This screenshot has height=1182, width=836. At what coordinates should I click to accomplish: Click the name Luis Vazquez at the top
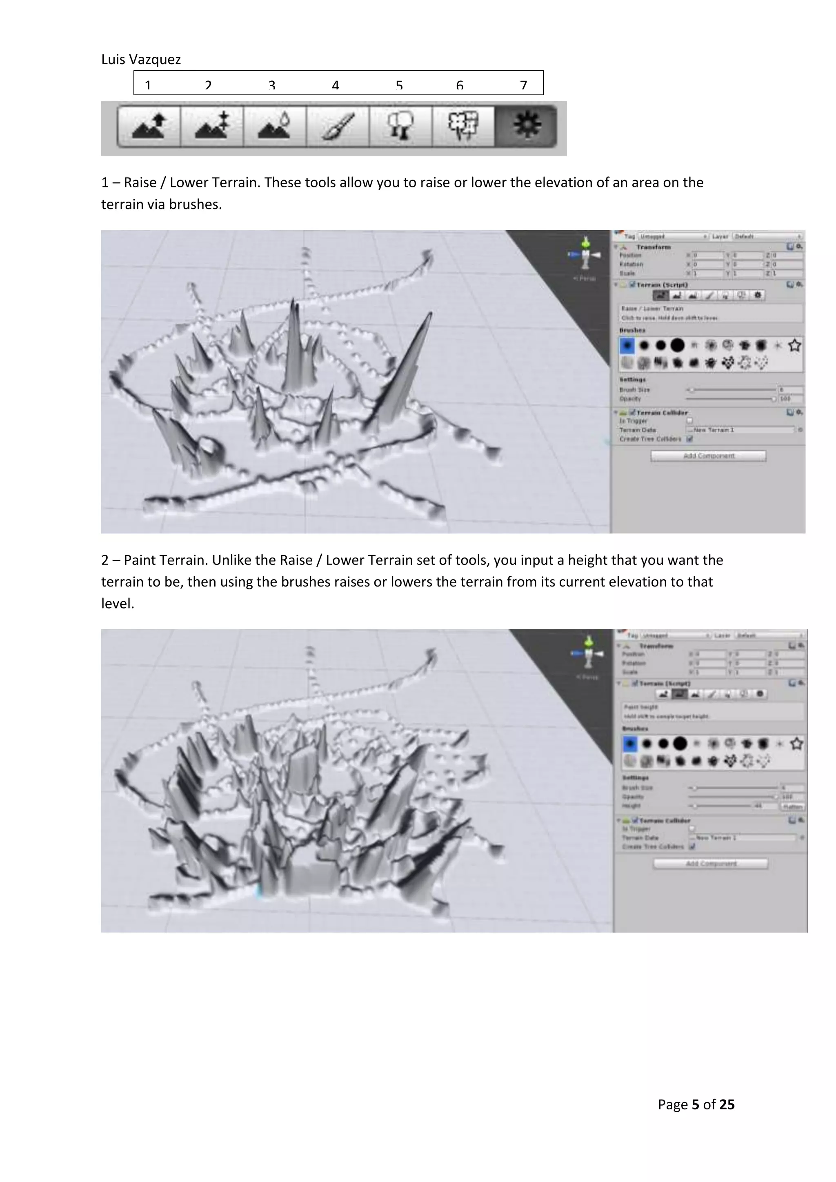click(x=140, y=60)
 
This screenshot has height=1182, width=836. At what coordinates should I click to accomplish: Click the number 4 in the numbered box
click(x=335, y=85)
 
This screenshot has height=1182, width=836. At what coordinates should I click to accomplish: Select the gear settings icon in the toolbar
click(x=526, y=126)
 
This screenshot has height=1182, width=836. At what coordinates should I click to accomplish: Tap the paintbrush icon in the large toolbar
click(x=338, y=126)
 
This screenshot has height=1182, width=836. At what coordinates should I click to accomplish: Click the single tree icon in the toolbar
click(x=400, y=126)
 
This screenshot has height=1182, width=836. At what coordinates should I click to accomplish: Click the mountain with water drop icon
click(x=275, y=126)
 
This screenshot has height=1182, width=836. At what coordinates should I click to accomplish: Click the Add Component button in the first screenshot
click(x=708, y=455)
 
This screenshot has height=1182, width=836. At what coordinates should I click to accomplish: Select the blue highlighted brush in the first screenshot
click(x=627, y=345)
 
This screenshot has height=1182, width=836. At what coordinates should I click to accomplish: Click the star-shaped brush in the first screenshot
click(x=794, y=345)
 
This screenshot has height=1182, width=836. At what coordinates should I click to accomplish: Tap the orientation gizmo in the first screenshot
click(x=585, y=255)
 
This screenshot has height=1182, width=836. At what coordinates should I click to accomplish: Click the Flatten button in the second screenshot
click(x=793, y=806)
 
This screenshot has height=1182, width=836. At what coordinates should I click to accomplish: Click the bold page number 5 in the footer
click(x=696, y=1105)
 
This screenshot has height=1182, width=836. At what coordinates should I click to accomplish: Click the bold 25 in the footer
click(x=727, y=1105)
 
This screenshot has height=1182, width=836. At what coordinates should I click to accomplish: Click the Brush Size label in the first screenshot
click(x=634, y=390)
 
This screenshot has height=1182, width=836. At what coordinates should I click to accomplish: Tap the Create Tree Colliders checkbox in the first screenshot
click(x=690, y=439)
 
